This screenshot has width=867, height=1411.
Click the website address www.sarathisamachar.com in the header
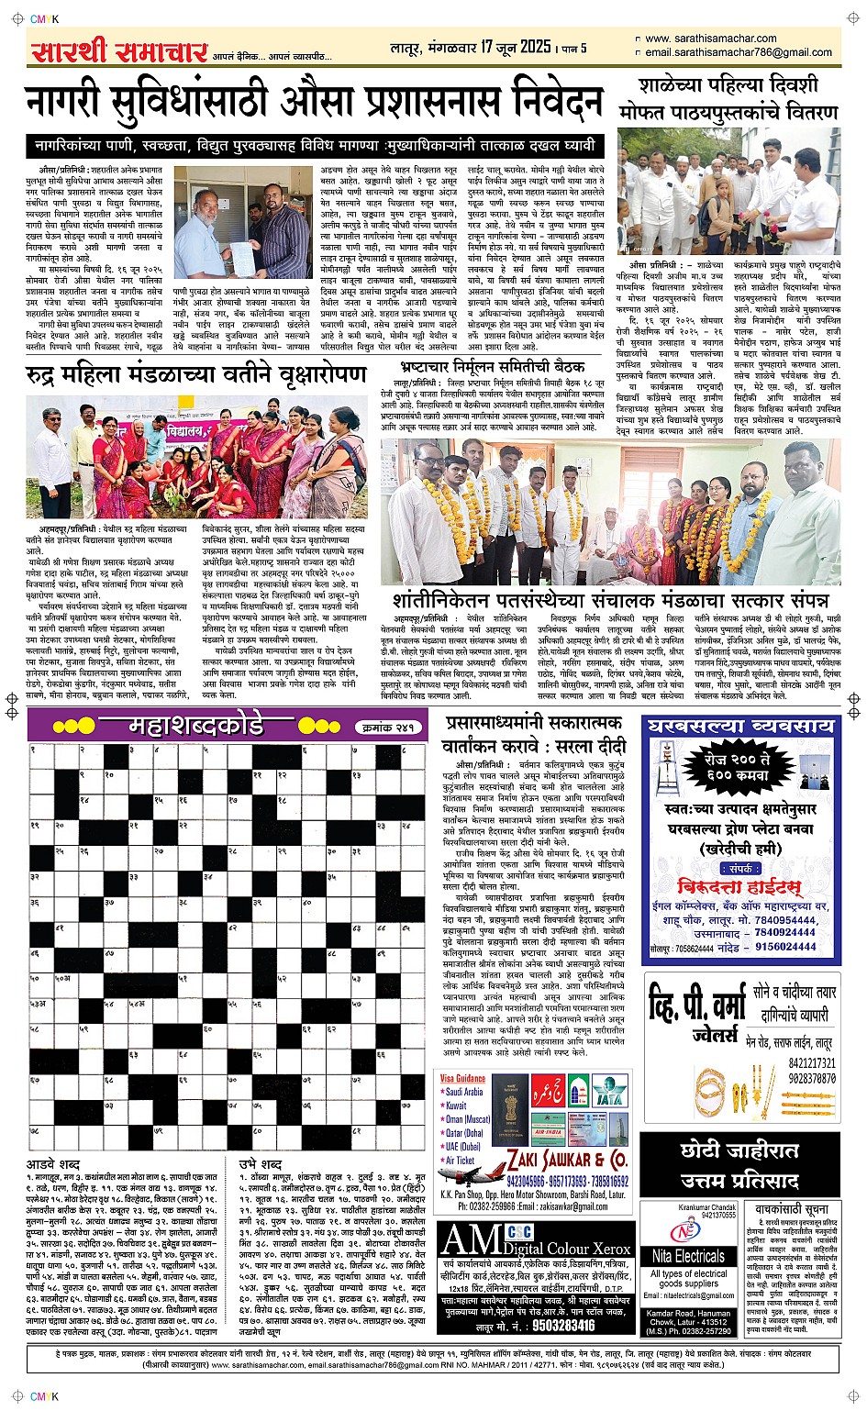click(x=710, y=39)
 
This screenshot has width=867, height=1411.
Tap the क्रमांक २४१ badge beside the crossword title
click(x=387, y=728)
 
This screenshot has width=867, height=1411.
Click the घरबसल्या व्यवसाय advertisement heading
click(x=741, y=727)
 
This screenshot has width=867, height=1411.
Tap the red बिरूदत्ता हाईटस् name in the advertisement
click(x=739, y=886)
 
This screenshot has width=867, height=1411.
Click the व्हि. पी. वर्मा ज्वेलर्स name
click(x=697, y=1014)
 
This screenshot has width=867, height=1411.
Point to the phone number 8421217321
click(x=811, y=1063)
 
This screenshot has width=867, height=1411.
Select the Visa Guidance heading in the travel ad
click(x=462, y=1078)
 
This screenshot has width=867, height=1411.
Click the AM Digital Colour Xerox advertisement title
click(x=536, y=1241)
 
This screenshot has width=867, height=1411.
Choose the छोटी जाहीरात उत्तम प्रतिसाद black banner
click(x=740, y=1163)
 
